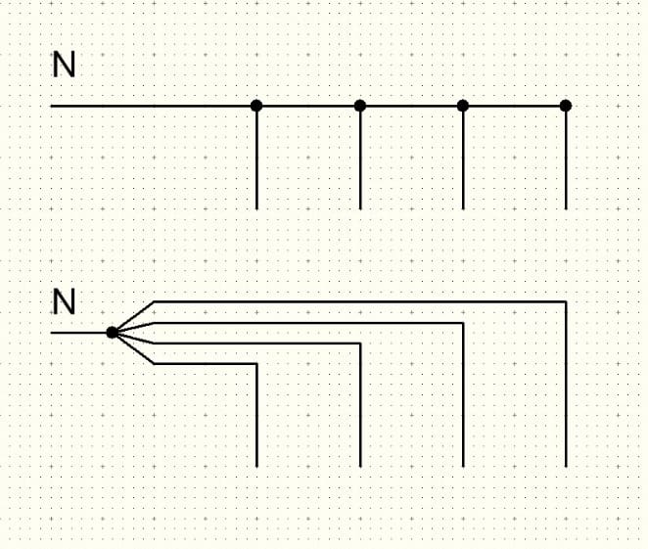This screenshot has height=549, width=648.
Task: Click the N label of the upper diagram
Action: [x=64, y=66]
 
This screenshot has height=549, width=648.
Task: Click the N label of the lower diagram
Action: [x=64, y=301]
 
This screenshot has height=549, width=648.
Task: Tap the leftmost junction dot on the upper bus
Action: [x=256, y=105]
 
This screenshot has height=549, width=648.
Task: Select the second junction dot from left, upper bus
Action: [x=360, y=105]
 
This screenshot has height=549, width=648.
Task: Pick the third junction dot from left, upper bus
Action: [x=463, y=105]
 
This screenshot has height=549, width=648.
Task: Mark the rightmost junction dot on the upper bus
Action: [x=566, y=105]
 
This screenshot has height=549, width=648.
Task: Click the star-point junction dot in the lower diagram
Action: [x=113, y=333]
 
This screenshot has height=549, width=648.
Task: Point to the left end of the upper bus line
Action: [x=52, y=105]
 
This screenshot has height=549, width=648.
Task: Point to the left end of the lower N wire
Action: [x=52, y=333]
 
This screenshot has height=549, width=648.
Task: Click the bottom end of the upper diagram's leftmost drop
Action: [x=256, y=208]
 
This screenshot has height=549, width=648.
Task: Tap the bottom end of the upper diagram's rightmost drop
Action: [x=566, y=208]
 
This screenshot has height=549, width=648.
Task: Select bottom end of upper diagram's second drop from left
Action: [x=360, y=208]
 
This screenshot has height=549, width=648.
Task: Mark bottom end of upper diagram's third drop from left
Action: [x=463, y=208]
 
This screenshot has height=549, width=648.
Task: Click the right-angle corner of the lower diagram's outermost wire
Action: [x=566, y=302]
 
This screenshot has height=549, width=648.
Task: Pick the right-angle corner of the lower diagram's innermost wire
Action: [x=256, y=364]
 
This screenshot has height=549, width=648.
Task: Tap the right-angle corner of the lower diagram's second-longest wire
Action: [x=463, y=323]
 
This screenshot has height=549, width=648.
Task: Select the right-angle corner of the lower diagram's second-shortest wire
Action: [x=360, y=343]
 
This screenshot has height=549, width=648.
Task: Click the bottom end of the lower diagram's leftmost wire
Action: [x=256, y=466]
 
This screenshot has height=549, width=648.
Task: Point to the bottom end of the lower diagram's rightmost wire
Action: [x=566, y=466]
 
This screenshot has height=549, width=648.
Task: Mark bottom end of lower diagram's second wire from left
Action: [x=360, y=466]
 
